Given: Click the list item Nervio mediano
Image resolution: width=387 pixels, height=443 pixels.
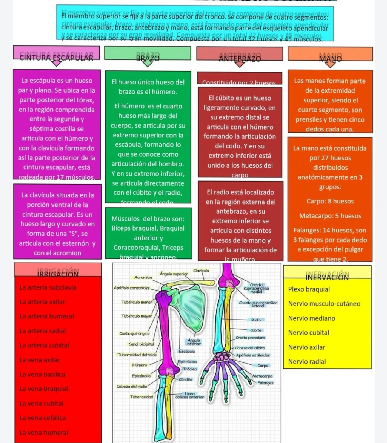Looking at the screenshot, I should pyautogui.click(x=312, y=318).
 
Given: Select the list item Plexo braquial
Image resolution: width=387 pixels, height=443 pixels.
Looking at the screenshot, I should pyautogui.click(x=309, y=289).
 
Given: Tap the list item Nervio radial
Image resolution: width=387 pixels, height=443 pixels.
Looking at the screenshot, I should pyautogui.click(x=307, y=362).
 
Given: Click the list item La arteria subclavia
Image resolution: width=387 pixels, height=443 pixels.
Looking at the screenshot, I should pyautogui.click(x=48, y=287).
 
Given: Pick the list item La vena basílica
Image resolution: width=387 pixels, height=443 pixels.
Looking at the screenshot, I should pyautogui.click(x=42, y=375).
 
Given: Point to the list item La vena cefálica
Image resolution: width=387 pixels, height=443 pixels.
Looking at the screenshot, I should pyautogui.click(x=43, y=418).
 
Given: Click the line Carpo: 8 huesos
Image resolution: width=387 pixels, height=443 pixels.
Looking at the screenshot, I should pyautogui.click(x=330, y=201).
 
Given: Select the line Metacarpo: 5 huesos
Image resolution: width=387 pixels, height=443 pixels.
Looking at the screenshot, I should pyautogui.click(x=330, y=216).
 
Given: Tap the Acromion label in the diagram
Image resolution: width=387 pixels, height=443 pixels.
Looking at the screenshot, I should pyautogui.click(x=143, y=277).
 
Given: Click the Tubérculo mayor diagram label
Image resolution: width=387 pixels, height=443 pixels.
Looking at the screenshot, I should pyautogui.click(x=137, y=316).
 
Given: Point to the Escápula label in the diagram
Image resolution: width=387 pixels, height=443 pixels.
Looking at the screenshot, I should pyautogui.click(x=187, y=351).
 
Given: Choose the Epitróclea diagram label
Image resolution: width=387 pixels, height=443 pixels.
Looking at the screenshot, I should pyautogui.click(x=187, y=362).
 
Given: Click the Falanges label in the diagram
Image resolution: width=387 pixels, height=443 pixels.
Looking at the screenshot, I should pyautogui.click(x=265, y=383).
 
